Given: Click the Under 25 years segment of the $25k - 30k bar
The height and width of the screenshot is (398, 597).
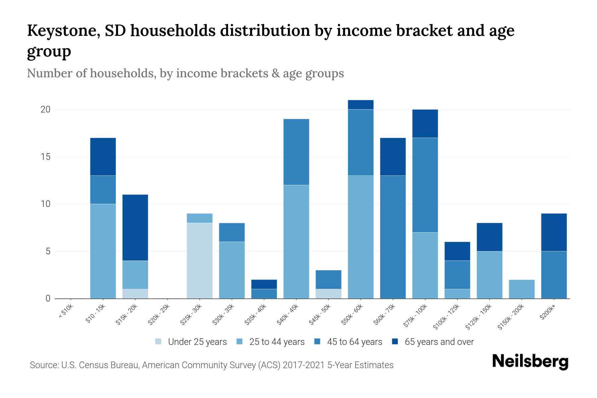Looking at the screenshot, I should pyautogui.click(x=200, y=260).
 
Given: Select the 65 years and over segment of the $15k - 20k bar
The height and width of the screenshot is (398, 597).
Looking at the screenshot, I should pyautogui.click(x=135, y=228).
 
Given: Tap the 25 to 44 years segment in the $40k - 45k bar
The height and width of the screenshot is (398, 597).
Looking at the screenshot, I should pyautogui.click(x=296, y=241).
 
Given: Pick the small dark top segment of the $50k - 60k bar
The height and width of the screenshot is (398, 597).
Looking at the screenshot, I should pyautogui.click(x=361, y=105).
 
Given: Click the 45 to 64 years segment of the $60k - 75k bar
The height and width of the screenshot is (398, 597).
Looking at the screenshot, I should pyautogui.click(x=393, y=237).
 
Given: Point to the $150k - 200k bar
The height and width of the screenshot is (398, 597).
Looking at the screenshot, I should pyautogui.click(x=522, y=289).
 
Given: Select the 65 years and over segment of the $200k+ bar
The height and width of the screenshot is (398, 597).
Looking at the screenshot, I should pyautogui.click(x=554, y=232).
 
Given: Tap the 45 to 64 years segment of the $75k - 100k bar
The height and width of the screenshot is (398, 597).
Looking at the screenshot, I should pyautogui.click(x=425, y=185).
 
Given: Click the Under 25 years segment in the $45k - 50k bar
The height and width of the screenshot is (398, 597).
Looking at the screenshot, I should pyautogui.click(x=328, y=294).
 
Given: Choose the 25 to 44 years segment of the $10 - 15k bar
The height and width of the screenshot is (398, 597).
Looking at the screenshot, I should pyautogui.click(x=103, y=251).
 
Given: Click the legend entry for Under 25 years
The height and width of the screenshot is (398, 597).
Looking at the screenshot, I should pyautogui.click(x=197, y=342).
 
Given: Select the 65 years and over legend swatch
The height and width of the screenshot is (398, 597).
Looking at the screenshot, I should pyautogui.click(x=395, y=342).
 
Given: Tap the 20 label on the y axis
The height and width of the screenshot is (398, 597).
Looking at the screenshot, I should pyautogui.click(x=45, y=109).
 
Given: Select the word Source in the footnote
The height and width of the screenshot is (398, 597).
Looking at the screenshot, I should pyautogui.click(x=43, y=365).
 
